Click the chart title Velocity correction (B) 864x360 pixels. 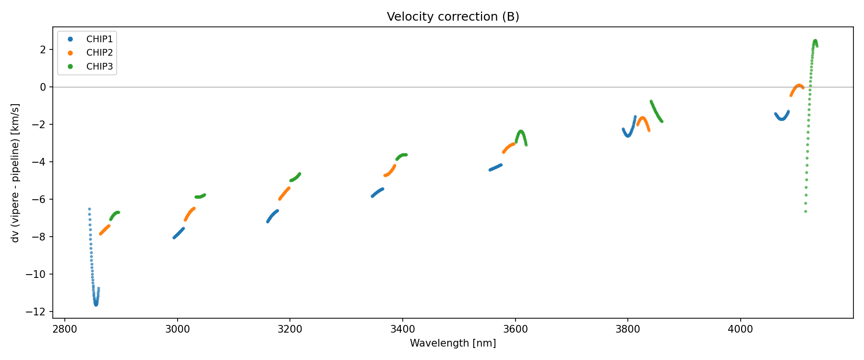pos(453,17)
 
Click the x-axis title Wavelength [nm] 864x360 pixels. pos(453,343)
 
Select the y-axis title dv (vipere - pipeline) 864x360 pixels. pos(15,173)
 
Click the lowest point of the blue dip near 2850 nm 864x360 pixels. pos(96,304)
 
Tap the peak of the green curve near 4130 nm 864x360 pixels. pos(815,41)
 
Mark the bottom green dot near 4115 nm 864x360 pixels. pos(805,211)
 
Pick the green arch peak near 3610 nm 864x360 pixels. pos(521,131)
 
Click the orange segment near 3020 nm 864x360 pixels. pos(189,213)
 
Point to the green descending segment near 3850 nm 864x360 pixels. pos(656,112)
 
